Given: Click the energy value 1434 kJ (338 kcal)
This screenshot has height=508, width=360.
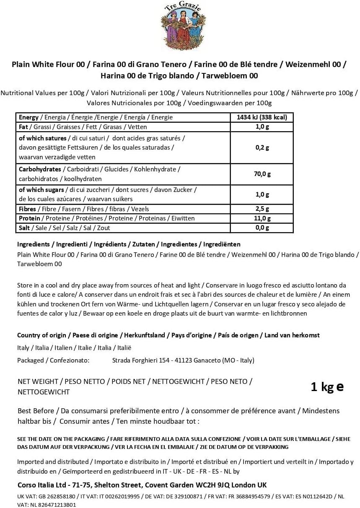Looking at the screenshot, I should (x=262, y=117).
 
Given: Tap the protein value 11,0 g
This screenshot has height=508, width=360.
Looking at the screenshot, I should (x=262, y=218).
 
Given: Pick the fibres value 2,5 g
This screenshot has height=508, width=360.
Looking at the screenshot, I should (x=262, y=209).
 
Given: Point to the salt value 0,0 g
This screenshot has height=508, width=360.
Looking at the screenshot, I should (x=262, y=228).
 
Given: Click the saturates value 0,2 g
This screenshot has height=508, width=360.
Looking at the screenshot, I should (x=262, y=148).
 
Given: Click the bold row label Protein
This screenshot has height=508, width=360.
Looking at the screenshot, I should (x=29, y=218).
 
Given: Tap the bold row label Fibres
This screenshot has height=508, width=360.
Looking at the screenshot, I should (x=27, y=209).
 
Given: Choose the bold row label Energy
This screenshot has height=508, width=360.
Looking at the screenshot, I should (x=28, y=117).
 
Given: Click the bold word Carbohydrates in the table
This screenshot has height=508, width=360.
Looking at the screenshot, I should (x=39, y=169).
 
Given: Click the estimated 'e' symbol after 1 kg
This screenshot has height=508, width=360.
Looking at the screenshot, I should (x=340, y=386).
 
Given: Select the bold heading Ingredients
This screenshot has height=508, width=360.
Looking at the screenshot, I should (x=33, y=244).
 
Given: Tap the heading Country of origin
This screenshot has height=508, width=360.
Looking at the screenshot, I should (x=41, y=335).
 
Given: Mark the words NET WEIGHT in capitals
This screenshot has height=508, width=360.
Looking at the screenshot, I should (x=38, y=381).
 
